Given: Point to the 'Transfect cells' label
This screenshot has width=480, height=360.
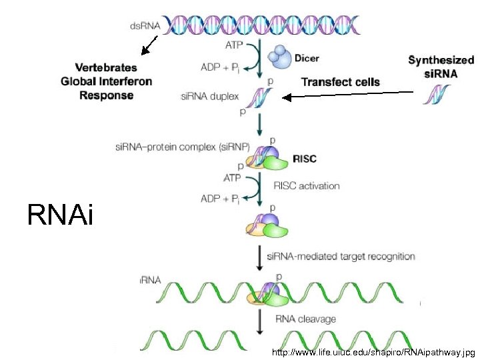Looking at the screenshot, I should click(x=340, y=82).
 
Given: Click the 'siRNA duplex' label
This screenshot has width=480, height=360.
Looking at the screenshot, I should click(x=209, y=97).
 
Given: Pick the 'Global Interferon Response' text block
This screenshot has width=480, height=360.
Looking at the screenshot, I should click(x=107, y=81).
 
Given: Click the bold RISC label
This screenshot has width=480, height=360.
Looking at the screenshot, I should click(x=305, y=159).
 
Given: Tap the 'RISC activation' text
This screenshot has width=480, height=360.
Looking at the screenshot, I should click(x=307, y=186).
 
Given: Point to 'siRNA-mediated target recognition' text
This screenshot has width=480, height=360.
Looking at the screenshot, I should click(x=341, y=256).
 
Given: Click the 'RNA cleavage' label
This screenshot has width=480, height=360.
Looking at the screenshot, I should click(x=306, y=319).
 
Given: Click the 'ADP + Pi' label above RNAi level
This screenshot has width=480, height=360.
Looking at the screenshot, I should click(x=219, y=199).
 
